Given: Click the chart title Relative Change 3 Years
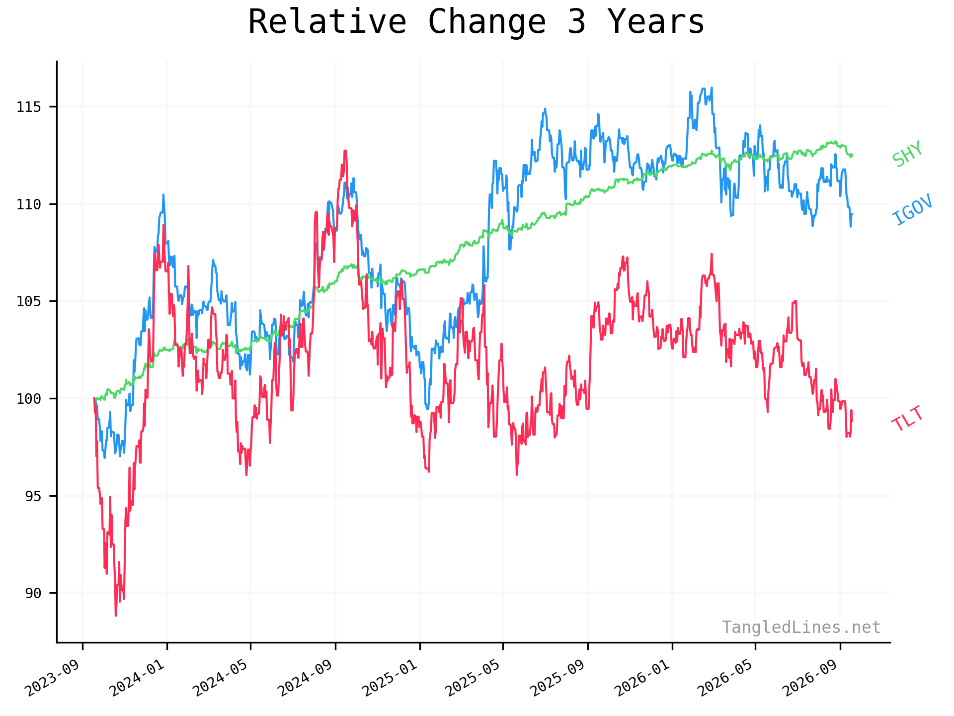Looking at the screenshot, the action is (x=476, y=22).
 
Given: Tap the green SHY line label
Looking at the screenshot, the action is (x=907, y=154).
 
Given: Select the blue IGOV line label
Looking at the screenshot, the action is (x=912, y=209).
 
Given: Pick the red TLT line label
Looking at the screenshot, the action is (x=907, y=419).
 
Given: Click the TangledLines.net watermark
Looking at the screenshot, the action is (x=801, y=627).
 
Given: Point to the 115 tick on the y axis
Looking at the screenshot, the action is (x=29, y=107).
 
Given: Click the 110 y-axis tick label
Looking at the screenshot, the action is (x=29, y=204).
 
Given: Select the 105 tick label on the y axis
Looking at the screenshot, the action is (x=29, y=301).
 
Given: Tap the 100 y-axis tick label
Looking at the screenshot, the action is (x=29, y=398).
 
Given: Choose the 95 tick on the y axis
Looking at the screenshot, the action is (x=33, y=496).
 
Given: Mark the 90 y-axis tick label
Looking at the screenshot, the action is (x=33, y=593).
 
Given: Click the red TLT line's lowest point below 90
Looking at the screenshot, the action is (x=116, y=616).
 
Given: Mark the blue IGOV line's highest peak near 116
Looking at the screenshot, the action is (x=712, y=88).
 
